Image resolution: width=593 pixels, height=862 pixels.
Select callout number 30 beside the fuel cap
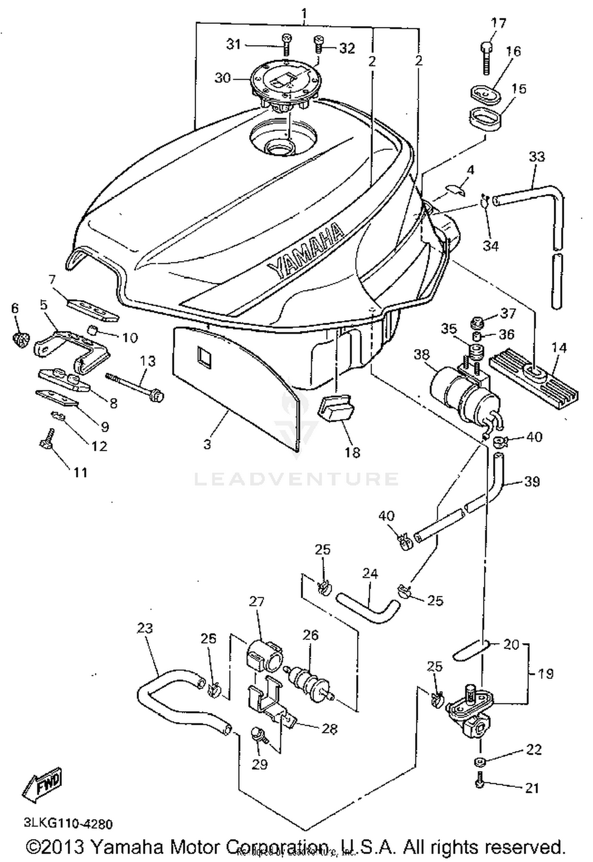click(x=222, y=78)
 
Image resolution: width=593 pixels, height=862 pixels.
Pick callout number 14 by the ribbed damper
click(x=559, y=348)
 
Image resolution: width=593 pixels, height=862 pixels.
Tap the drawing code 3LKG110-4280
click(x=68, y=824)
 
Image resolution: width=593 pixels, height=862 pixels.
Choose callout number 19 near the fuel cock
click(x=546, y=674)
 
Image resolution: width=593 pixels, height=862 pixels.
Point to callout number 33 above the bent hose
click(x=536, y=157)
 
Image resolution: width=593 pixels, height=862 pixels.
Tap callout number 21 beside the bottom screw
click(x=532, y=788)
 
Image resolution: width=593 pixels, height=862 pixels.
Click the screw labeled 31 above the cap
click(x=286, y=44)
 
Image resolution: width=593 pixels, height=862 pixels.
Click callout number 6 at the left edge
click(x=15, y=308)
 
